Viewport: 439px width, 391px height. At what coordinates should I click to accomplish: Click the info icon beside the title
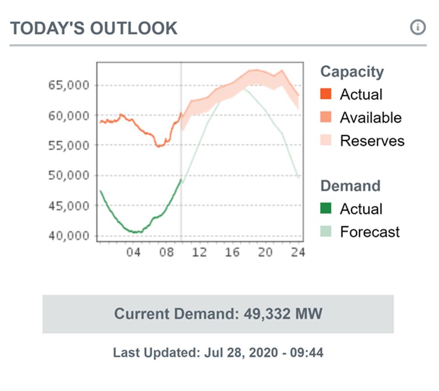(x=417, y=27)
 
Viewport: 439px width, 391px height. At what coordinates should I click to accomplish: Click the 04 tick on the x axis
(x=133, y=252)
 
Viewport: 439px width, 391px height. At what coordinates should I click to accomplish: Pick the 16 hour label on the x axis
(x=233, y=252)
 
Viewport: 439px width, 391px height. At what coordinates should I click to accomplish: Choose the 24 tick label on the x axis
(x=298, y=252)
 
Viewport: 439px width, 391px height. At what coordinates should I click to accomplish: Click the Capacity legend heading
(x=352, y=72)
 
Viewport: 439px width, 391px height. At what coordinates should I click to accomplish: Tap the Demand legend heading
(x=350, y=186)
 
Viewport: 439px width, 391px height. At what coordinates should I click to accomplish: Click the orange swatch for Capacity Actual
(x=326, y=94)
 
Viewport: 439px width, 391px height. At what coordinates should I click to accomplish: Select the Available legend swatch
(x=326, y=118)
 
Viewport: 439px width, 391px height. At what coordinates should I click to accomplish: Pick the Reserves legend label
(x=372, y=141)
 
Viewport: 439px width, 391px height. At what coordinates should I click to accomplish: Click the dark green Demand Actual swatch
(x=326, y=209)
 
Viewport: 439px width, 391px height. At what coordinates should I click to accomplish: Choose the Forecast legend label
(x=369, y=232)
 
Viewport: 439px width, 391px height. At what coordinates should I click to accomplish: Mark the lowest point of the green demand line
(x=135, y=232)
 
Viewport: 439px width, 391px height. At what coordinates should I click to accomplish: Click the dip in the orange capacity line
(x=159, y=146)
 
